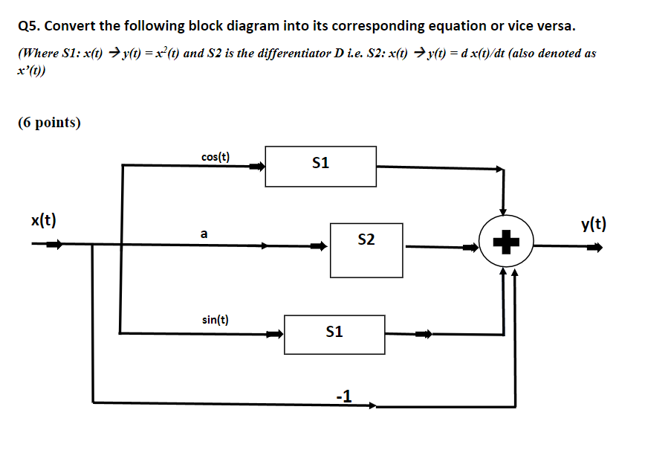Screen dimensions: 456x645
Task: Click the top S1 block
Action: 320,166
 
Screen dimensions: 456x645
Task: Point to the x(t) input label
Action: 44,220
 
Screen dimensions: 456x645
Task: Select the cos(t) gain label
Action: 215,157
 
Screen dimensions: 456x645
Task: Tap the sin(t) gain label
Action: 215,320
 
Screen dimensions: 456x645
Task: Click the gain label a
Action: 204,234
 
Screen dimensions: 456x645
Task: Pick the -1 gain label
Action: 343,395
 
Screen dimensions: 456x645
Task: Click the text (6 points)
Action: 50,122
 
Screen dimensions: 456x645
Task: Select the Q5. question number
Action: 32,26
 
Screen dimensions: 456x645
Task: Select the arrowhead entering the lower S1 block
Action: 274,335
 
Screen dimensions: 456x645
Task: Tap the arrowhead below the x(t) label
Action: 56,244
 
